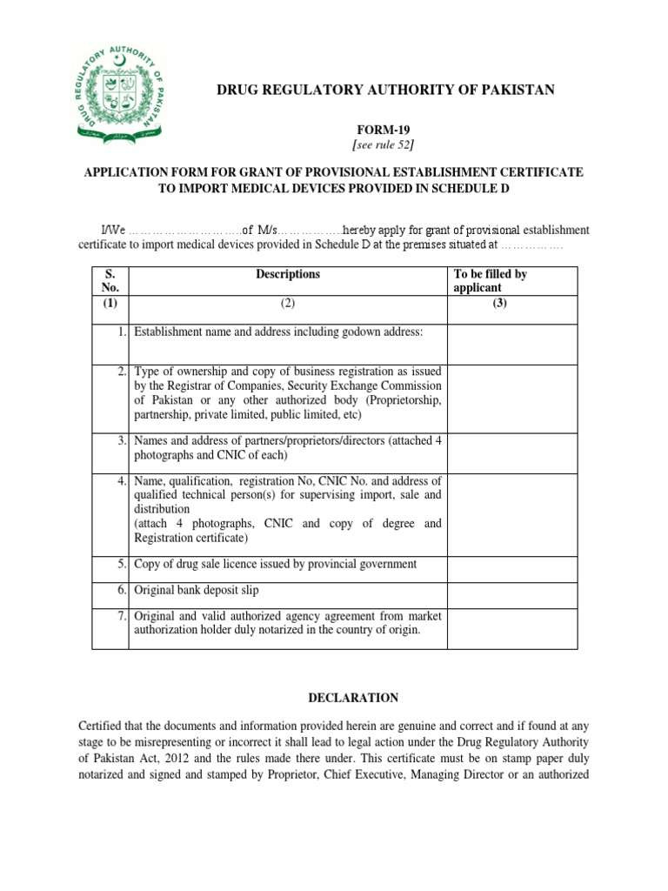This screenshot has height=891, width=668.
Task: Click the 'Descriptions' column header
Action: click(x=287, y=274)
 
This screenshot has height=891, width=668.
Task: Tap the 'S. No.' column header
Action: click(x=111, y=280)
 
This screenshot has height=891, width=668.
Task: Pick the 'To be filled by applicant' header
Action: click(x=491, y=280)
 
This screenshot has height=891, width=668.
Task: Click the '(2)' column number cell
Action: click(x=287, y=304)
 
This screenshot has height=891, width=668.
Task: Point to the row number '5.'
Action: click(x=123, y=564)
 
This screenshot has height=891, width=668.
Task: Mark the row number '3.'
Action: click(x=123, y=442)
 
